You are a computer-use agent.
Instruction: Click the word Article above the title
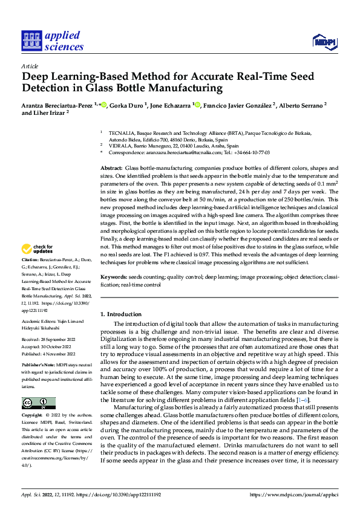30,66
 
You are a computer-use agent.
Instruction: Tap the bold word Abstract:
111,167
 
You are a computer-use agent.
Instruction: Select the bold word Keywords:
113,276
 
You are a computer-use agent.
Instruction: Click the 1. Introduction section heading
121,314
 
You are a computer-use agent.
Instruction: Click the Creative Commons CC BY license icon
38,403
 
